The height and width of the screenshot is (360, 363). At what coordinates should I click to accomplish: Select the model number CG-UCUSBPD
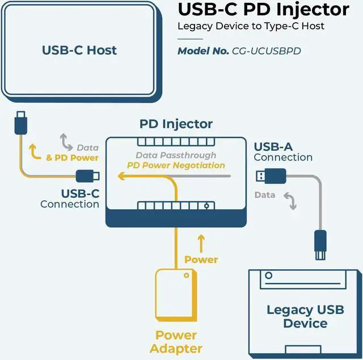[x=266, y=51]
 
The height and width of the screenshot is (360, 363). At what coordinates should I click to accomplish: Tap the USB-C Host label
[x=79, y=50]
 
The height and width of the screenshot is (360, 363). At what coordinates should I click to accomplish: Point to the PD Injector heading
[x=176, y=124]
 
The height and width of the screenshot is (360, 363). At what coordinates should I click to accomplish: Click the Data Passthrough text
[x=176, y=155]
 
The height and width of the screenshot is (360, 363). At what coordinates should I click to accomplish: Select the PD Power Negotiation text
[x=176, y=166]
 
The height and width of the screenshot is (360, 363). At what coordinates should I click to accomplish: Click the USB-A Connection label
[x=283, y=152]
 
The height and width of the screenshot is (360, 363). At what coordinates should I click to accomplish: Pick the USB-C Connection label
[x=70, y=199]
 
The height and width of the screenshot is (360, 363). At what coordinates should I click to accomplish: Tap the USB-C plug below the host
[x=20, y=122]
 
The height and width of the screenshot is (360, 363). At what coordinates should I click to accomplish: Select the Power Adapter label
[x=176, y=341]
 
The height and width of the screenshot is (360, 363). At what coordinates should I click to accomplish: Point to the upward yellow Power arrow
[x=200, y=242]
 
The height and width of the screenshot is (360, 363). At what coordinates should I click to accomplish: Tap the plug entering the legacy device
[x=320, y=245]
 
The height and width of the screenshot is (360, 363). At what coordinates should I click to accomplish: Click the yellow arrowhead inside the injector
[x=121, y=177]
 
